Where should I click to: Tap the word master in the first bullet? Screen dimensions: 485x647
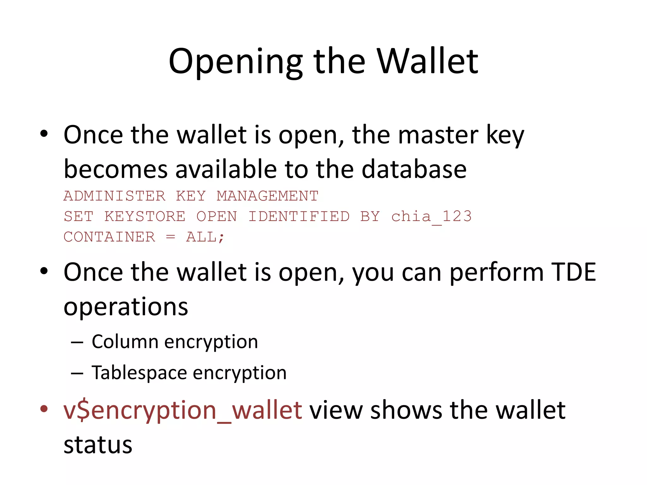pos(438,135)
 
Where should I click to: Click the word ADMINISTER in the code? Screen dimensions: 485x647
pos(114,196)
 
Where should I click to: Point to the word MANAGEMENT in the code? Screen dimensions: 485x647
pos(268,196)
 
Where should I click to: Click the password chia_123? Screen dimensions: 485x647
pos(432,217)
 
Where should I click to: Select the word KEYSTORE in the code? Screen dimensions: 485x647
pos(145,217)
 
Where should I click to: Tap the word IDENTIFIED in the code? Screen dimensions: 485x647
pos(299,217)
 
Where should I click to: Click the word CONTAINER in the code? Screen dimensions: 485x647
pos(109,237)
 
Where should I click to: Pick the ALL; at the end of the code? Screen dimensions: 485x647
pos(205,237)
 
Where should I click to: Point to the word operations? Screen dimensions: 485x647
pos(126,307)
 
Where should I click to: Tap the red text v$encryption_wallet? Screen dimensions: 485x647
pos(183,410)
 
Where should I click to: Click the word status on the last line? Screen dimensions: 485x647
pos(98,445)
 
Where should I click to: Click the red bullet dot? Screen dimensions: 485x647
pos(44,409)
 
